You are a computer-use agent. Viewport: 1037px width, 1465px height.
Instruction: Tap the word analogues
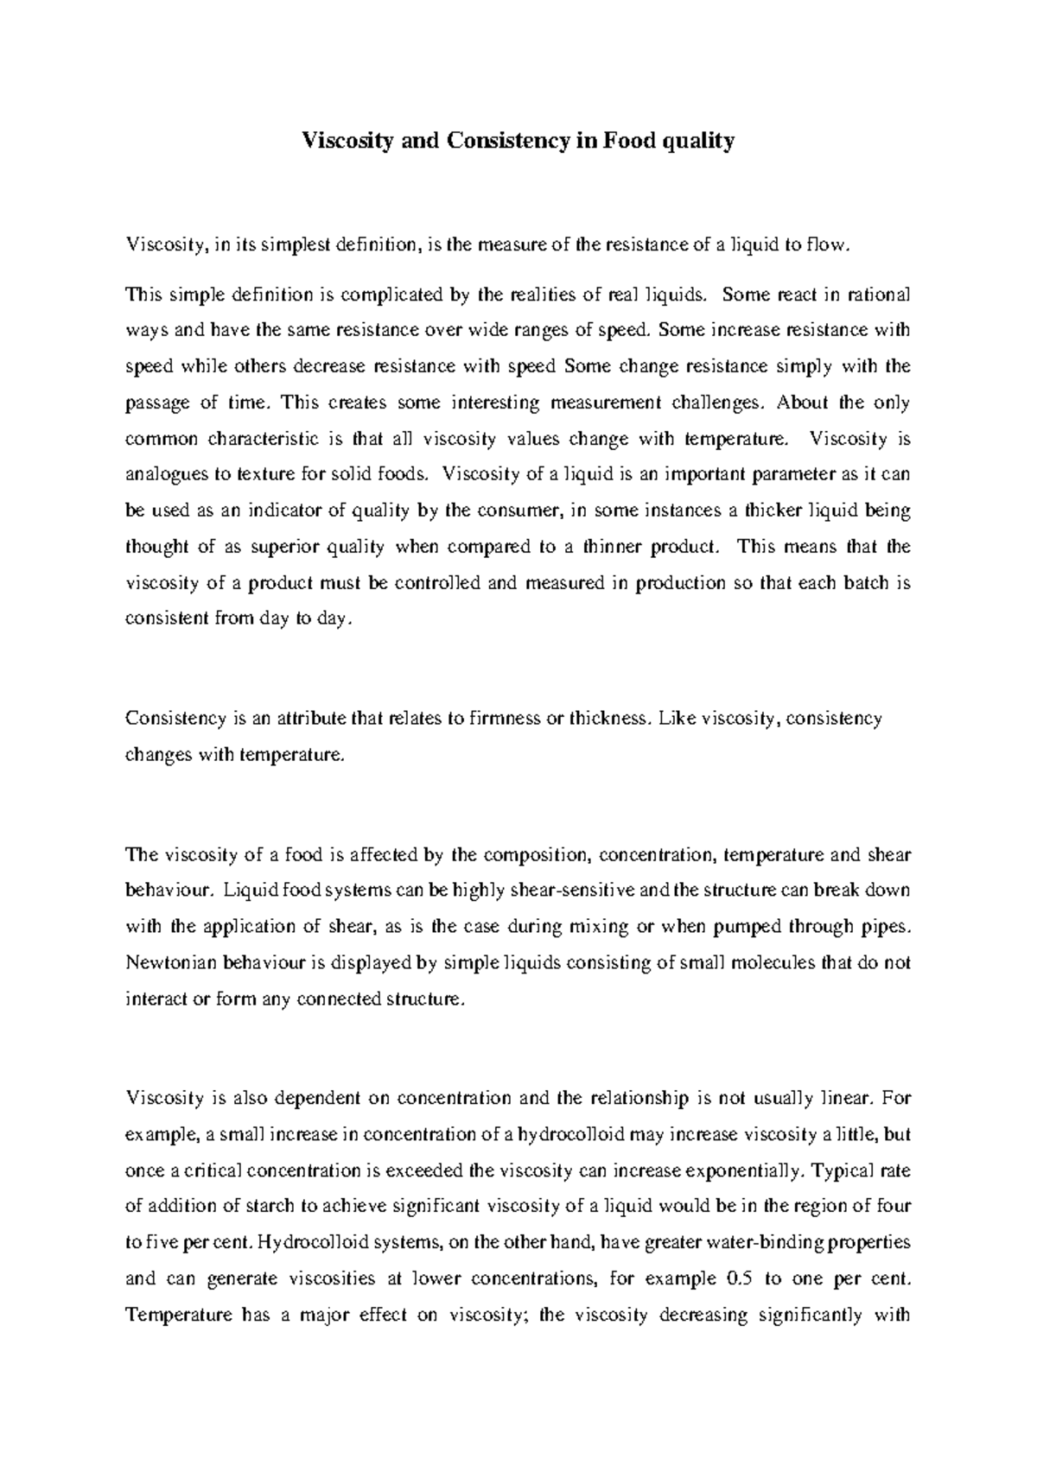click(163, 474)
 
